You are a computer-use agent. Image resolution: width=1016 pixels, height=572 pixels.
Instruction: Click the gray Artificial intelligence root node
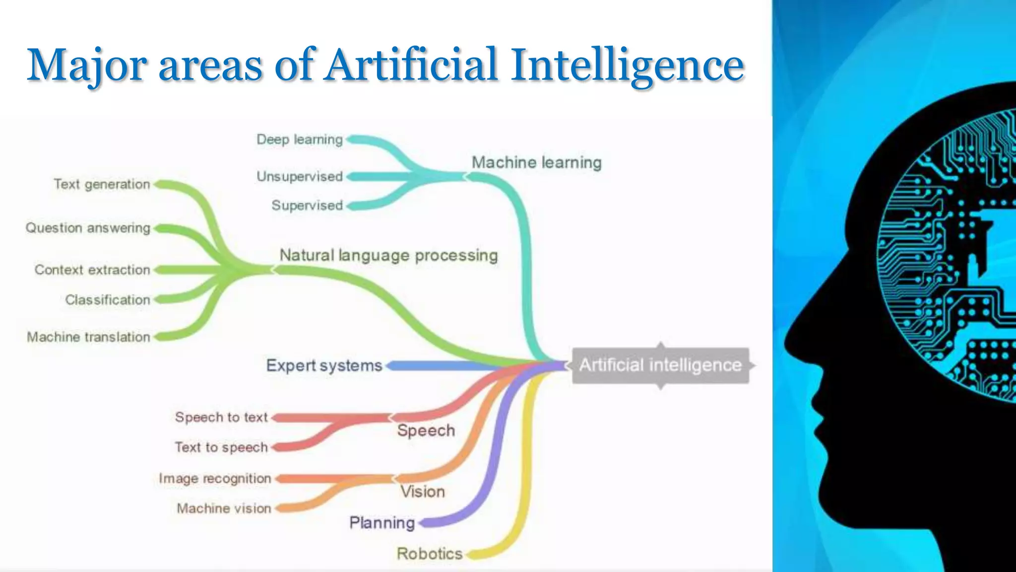coord(660,365)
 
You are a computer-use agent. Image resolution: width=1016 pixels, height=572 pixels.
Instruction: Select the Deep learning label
coord(300,140)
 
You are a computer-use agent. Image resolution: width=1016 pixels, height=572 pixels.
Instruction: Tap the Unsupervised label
coord(300,176)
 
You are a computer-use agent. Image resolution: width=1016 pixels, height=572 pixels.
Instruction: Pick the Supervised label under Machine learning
coord(307,206)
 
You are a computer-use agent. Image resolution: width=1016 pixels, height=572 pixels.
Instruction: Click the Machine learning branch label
coord(536,162)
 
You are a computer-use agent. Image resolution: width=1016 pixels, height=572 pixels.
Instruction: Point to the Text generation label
coord(102,184)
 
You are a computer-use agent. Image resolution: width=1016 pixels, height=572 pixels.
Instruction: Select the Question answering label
coord(88,228)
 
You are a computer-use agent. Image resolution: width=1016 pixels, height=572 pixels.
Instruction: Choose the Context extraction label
coord(92,270)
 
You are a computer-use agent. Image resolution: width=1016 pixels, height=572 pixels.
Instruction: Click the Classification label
coord(108,300)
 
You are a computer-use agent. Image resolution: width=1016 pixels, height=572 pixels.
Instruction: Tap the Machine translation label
coord(88,337)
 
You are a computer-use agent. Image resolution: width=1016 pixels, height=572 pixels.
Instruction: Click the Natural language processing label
coord(388,255)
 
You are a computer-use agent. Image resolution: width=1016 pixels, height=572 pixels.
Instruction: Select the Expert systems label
coord(324,365)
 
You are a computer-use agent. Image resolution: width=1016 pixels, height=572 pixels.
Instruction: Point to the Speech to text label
coord(221,417)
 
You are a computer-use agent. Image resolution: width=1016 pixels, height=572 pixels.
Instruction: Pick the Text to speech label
coord(221,447)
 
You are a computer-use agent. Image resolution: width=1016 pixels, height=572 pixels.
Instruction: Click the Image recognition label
coord(215,479)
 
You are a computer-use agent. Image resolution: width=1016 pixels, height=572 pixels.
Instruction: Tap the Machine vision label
coord(224,508)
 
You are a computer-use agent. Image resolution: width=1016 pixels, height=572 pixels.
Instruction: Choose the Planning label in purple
coord(382,523)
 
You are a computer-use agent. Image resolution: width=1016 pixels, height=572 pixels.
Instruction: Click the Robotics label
coord(430,554)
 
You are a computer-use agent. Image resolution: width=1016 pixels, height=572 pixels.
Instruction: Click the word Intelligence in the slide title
coord(628,65)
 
